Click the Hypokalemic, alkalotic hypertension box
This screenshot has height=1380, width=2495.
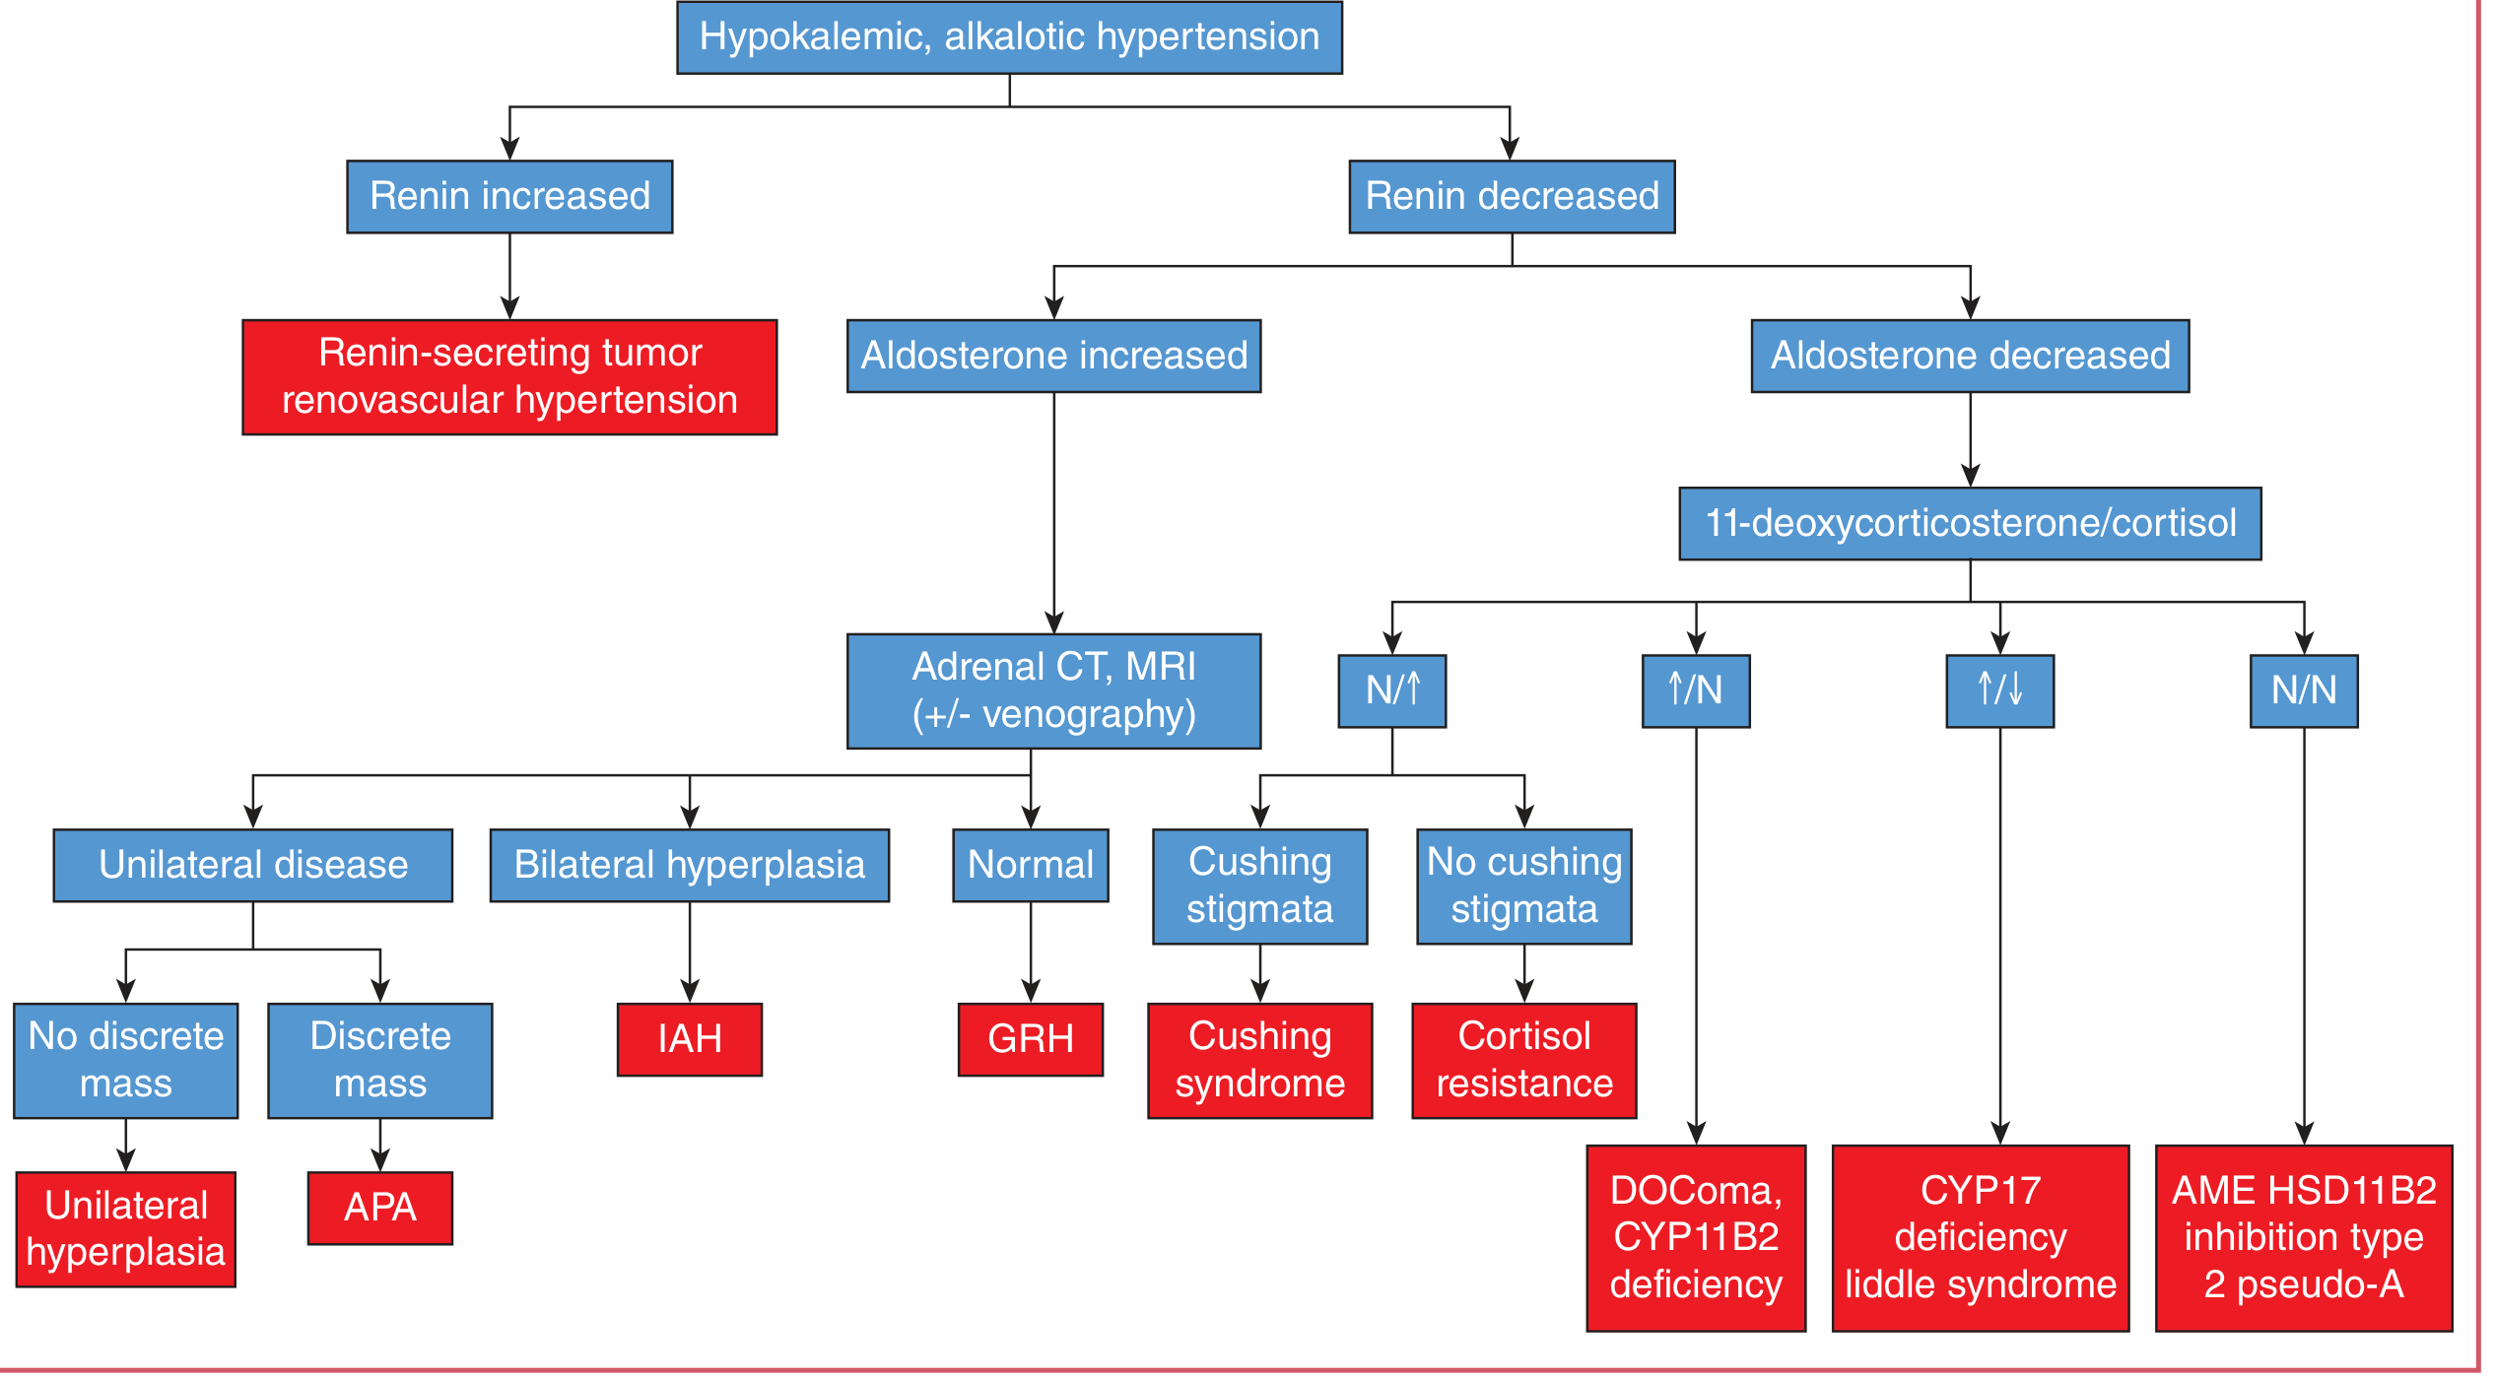coord(1009,37)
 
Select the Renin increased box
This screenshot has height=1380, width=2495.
coord(509,196)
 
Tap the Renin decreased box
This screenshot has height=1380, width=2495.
coord(1512,196)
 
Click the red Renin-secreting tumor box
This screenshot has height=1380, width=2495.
coord(509,376)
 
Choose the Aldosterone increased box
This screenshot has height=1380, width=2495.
coord(1053,356)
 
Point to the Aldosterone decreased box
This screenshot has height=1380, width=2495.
coord(1970,356)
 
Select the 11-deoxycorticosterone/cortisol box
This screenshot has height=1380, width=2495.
coord(1970,523)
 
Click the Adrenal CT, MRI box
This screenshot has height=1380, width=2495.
coord(1053,690)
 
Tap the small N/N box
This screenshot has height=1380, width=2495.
coord(2304,690)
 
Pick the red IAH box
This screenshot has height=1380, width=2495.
coord(690,1039)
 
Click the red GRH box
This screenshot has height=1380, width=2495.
coord(1031,1039)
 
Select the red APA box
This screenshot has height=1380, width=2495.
coord(380,1208)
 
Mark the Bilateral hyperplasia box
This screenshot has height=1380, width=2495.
coord(690,865)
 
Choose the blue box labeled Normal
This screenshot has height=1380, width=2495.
coord(1031,865)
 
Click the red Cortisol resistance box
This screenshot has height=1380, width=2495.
coord(1524,1060)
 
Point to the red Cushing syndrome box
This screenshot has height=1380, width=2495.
coord(1260,1060)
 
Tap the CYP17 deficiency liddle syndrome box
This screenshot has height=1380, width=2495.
coord(1981,1237)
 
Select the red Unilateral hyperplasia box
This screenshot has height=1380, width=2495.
coord(126,1228)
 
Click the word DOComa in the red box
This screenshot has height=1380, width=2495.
coord(1692,1191)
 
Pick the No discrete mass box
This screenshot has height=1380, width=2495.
coord(126,1060)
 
